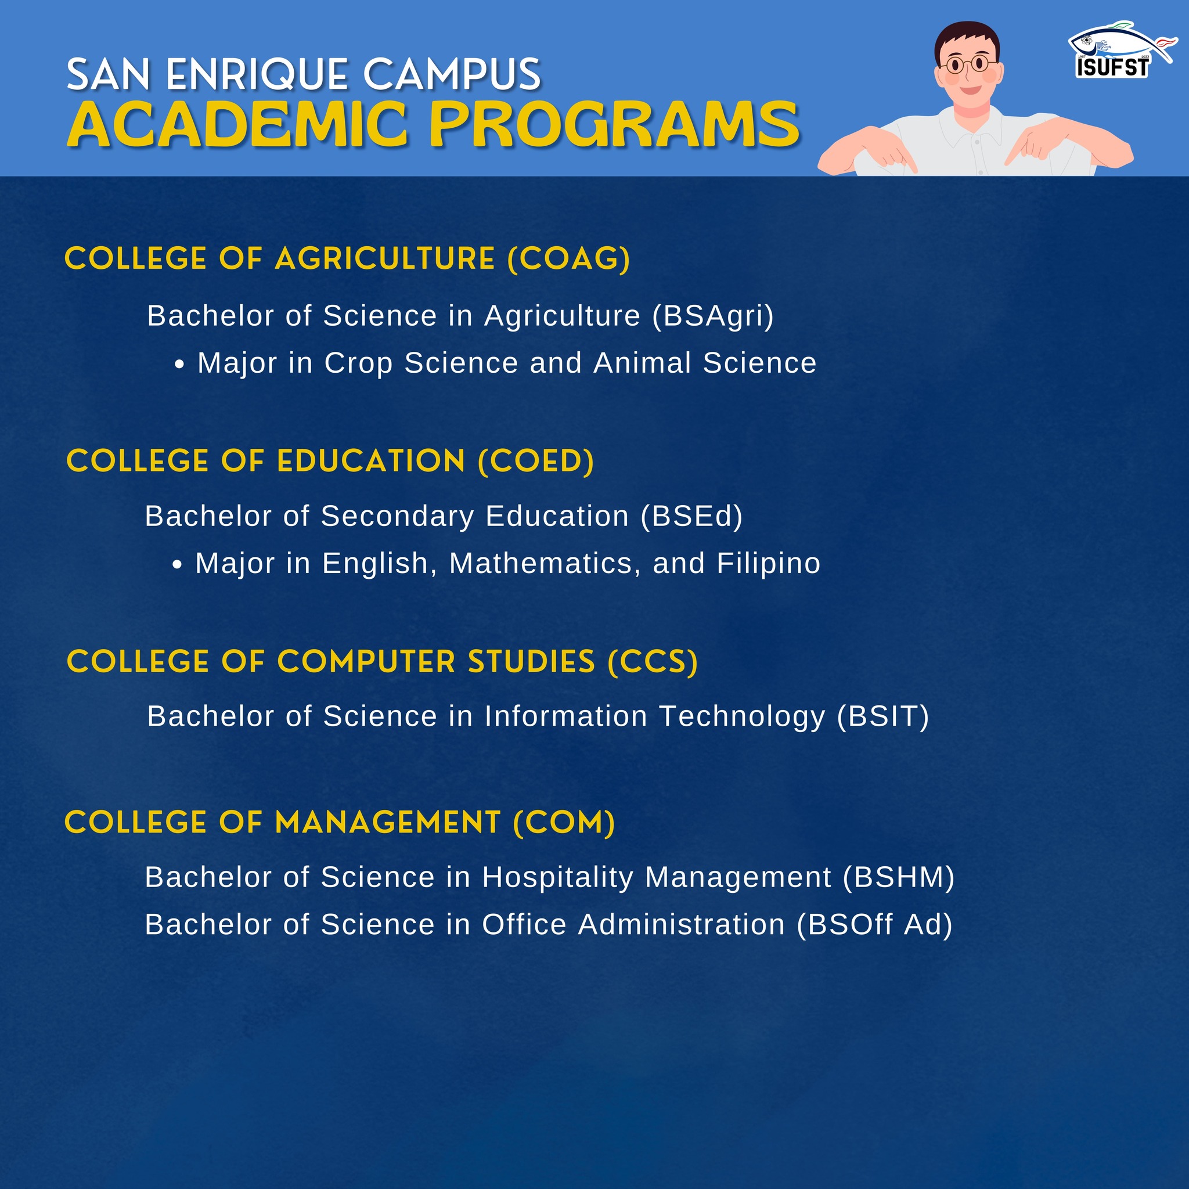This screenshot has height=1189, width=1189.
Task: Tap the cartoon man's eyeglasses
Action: [x=967, y=64]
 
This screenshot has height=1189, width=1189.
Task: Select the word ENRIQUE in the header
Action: [x=257, y=75]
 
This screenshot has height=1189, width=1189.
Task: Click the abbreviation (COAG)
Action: [x=568, y=258]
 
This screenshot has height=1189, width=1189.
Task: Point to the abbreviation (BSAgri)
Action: [x=713, y=316]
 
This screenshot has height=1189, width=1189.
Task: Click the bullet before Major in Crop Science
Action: [x=179, y=365]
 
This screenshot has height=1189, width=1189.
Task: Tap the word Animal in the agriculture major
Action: [x=643, y=362]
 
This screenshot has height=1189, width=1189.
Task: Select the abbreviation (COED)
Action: [x=536, y=462]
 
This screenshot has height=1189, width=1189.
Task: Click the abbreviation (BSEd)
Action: [x=691, y=516]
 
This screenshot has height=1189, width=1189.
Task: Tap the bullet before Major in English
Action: [x=177, y=565]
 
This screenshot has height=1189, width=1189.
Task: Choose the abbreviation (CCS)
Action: [x=653, y=662]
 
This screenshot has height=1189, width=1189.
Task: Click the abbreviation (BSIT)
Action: [x=882, y=716]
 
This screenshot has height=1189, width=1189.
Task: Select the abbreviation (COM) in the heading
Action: [x=564, y=823]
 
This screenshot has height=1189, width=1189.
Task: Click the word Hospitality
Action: [x=557, y=878]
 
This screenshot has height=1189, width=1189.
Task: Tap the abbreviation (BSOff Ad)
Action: [x=874, y=924]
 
